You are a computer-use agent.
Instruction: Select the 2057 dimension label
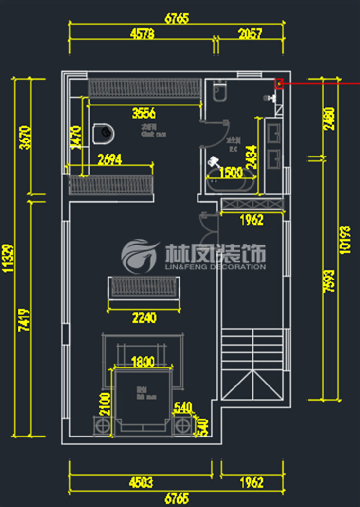pyautogui.click(x=250, y=34)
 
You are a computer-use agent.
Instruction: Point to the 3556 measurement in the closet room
pyautogui.click(x=144, y=114)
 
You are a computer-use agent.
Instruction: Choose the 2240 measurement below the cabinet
pyautogui.click(x=144, y=318)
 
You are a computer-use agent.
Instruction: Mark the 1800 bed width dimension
pyautogui.click(x=143, y=362)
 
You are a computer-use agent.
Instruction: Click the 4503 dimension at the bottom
pyautogui.click(x=141, y=483)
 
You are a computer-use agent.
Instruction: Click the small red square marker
pyautogui.click(x=279, y=84)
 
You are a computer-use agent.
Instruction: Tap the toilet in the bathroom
pyautogui.click(x=220, y=91)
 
